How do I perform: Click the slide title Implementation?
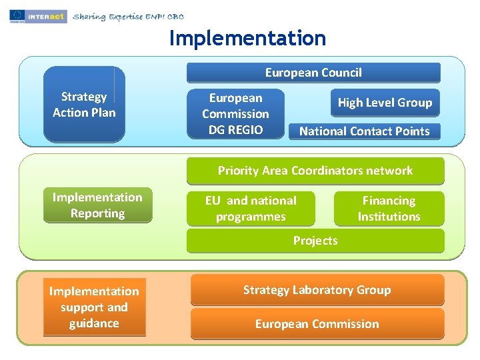tap(247, 39)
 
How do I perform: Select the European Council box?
tap(313, 73)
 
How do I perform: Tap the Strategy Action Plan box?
tap(84, 105)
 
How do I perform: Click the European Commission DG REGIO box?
tap(235, 114)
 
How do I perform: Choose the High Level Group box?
tap(385, 103)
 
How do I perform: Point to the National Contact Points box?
tap(364, 131)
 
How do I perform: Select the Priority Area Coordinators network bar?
tap(315, 171)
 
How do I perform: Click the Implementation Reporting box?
tap(97, 205)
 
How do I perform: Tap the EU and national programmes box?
tap(251, 209)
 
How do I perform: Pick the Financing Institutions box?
tap(389, 209)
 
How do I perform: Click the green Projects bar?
tap(315, 241)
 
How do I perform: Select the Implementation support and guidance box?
tap(94, 307)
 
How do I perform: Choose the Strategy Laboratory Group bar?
tap(317, 290)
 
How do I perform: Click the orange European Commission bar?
tap(317, 324)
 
